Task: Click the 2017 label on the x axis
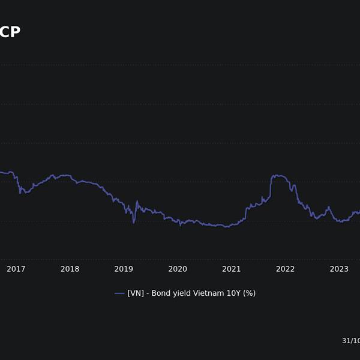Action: pos(16,269)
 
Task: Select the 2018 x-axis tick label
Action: pos(70,269)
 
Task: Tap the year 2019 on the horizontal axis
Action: pos(124,269)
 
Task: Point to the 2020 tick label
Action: pos(178,269)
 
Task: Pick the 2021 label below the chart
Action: pos(232,269)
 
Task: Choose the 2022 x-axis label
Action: pos(286,269)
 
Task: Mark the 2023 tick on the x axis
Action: pos(339,269)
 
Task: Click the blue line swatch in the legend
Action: pos(119,293)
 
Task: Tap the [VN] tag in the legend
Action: pos(136,293)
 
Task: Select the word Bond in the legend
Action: pos(161,293)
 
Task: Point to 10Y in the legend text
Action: pos(233,293)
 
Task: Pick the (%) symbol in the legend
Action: pos(249,293)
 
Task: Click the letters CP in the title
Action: pos(10,32)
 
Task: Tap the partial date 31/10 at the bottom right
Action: pos(350,341)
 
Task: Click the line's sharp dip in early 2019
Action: pos(134,222)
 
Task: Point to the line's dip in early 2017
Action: pos(22,192)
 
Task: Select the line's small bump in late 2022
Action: pos(328,208)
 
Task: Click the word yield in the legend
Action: pos(182,293)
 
